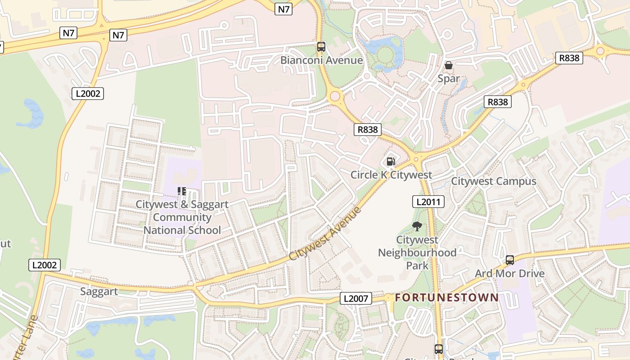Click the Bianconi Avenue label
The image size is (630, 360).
321,60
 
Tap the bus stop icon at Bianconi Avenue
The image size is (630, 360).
321,46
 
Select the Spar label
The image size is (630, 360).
449,79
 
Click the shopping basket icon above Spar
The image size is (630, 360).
449,65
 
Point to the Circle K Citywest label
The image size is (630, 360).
391,175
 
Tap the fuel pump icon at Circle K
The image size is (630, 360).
391,162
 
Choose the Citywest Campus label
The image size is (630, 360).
494,181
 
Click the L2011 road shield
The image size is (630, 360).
428,202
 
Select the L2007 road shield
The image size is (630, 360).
355,298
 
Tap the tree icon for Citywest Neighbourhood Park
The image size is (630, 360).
417,226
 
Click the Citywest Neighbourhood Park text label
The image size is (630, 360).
417,252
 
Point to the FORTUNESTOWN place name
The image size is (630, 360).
447,297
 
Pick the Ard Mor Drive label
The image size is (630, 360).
509,274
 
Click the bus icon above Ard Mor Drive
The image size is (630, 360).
509,260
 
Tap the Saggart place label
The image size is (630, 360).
99,292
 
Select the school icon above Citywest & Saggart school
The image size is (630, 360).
182,191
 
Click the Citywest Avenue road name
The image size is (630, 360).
325,234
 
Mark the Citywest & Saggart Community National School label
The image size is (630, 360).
182,217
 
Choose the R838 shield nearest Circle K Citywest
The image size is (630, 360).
368,130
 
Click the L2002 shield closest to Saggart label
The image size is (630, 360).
44,265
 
